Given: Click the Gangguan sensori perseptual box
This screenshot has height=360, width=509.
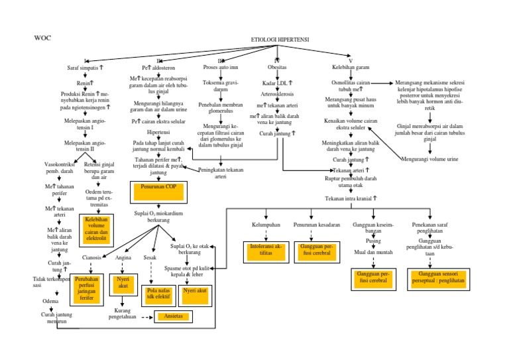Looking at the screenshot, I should [x=437, y=277].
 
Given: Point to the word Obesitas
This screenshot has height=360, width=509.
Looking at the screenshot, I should [x=277, y=68].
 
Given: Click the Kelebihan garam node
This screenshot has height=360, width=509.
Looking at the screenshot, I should [x=351, y=68].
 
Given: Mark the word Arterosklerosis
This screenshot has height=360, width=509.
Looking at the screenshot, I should [x=277, y=94].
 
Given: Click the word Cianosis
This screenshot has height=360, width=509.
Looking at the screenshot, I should [x=91, y=257].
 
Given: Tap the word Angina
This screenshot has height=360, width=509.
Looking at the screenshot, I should [x=123, y=257].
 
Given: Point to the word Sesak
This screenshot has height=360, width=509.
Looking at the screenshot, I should [x=150, y=257].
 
